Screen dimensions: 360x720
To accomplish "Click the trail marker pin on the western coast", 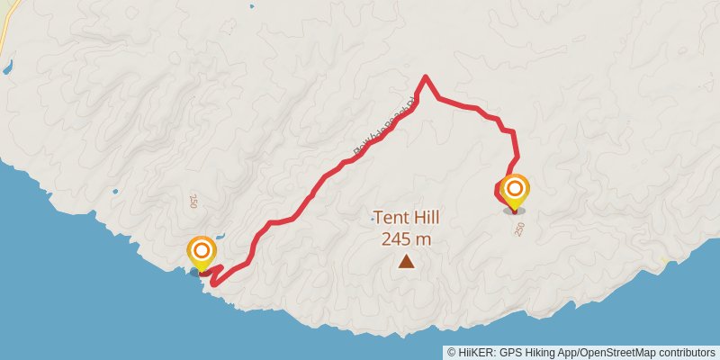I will (202, 252).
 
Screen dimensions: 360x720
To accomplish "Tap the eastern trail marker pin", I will (515, 191).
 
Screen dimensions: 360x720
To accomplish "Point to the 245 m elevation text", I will (407, 238).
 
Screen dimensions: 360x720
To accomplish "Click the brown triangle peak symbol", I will (407, 262).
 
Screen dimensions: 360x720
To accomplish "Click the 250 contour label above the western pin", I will (193, 201).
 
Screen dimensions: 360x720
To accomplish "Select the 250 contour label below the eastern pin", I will (519, 229).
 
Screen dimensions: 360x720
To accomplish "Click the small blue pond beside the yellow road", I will (7, 67).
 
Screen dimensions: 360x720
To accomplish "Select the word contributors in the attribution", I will (686, 353).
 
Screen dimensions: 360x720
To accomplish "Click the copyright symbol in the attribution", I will (451, 353).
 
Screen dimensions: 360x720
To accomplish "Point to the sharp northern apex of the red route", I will (424, 76).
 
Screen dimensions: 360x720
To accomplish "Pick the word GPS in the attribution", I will (510, 353).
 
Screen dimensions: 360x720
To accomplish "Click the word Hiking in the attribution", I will (540, 353).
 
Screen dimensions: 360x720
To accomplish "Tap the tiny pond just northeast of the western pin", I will (219, 240).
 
